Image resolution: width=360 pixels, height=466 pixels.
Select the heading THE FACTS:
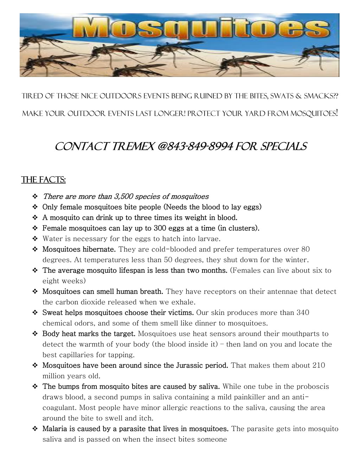(x=44, y=180)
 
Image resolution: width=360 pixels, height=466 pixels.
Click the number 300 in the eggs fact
(x=160, y=228)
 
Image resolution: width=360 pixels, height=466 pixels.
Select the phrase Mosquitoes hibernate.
(x=79, y=249)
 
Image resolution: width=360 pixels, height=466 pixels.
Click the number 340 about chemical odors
(x=303, y=313)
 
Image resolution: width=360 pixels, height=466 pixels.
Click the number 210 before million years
(x=319, y=365)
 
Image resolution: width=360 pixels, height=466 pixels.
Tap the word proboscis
(x=311, y=387)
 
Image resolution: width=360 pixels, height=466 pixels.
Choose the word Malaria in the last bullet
(x=55, y=429)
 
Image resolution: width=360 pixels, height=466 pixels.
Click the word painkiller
(x=248, y=397)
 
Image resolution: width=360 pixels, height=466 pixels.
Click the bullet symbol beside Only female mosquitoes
(x=35, y=207)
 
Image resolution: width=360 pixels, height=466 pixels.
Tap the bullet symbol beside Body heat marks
(x=35, y=334)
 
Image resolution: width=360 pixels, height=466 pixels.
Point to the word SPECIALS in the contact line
(x=283, y=146)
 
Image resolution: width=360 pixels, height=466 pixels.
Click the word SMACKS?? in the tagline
(x=321, y=96)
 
